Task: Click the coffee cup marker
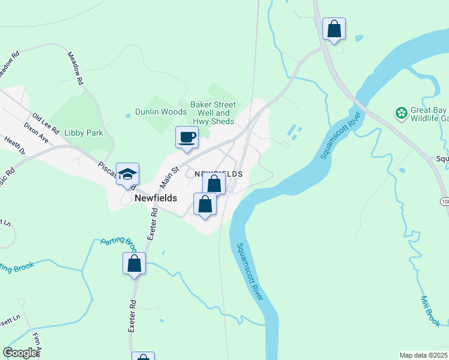point(187,137)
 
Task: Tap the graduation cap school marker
point(127,175)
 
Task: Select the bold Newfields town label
point(155,197)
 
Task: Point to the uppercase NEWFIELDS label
point(218,173)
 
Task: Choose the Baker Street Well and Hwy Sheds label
point(213,113)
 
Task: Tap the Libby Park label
point(83,133)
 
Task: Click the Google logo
point(20,353)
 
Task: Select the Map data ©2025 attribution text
point(423,355)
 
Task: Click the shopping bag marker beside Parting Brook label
point(134,263)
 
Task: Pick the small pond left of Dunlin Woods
point(127,115)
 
